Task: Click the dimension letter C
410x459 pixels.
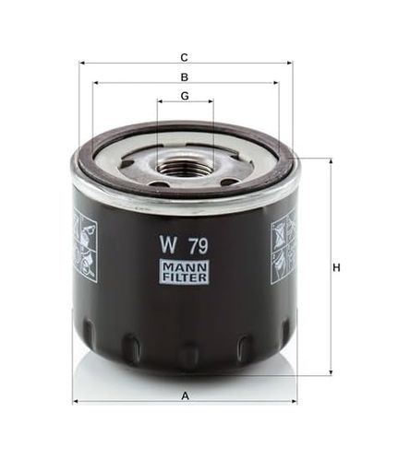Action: coord(184,57)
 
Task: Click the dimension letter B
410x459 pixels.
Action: coord(185,77)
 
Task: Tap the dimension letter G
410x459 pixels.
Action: coord(185,96)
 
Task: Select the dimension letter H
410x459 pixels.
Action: coord(337,268)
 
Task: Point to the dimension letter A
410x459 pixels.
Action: coord(185,396)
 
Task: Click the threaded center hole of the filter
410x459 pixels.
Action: coord(184,169)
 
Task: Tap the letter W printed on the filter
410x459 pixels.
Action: coord(168,244)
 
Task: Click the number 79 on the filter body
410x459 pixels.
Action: coord(199,245)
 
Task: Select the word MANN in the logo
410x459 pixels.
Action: coord(184,267)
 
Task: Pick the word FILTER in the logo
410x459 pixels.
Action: coord(184,277)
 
